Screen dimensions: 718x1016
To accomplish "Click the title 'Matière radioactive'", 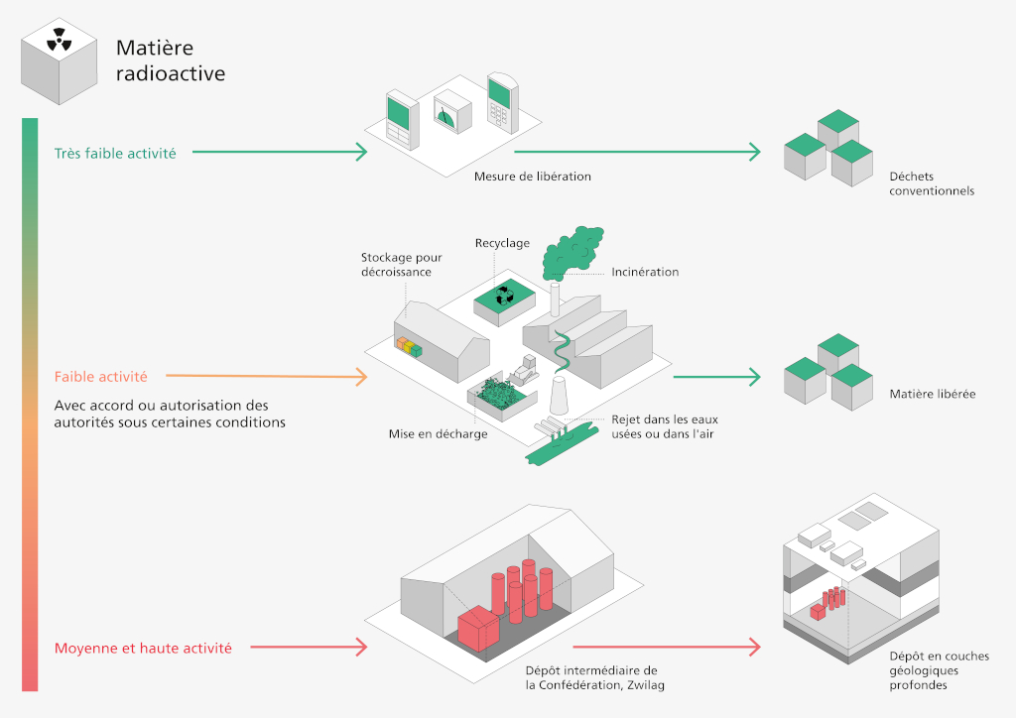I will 170,60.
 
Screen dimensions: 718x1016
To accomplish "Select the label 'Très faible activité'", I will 115,154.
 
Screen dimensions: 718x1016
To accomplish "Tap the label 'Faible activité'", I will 101,377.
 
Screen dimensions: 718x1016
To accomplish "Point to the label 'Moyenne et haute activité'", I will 143,649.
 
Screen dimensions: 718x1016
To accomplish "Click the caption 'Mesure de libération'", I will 532,177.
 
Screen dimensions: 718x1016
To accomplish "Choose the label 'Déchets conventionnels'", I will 932,184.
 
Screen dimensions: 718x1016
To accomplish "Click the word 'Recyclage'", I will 502,243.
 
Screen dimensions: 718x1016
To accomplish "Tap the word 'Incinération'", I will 645,272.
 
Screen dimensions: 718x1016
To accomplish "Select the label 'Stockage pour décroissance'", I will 401,265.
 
